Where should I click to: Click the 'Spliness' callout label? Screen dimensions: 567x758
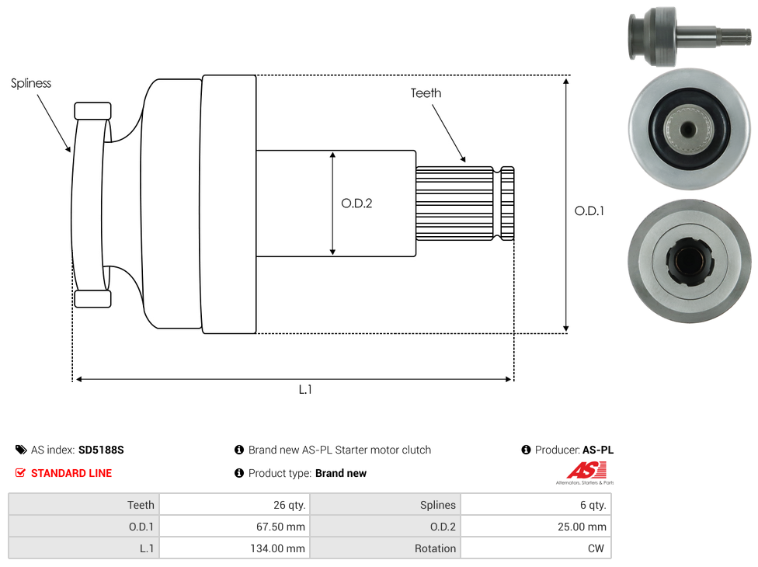(x=31, y=83)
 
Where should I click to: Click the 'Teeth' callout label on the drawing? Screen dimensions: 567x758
(x=426, y=93)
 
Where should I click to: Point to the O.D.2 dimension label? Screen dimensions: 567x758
(x=356, y=203)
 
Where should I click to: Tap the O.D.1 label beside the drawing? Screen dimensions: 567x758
(x=589, y=210)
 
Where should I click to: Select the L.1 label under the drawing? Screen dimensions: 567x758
(x=305, y=390)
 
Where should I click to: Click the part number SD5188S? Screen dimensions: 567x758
(x=101, y=450)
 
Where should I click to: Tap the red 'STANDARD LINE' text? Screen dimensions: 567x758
(x=71, y=473)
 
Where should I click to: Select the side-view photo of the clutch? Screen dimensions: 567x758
(x=688, y=36)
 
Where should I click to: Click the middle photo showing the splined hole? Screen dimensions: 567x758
(x=690, y=129)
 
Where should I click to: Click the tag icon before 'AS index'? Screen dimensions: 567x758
(x=21, y=450)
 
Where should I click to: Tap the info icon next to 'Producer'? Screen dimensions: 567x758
(x=526, y=450)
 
